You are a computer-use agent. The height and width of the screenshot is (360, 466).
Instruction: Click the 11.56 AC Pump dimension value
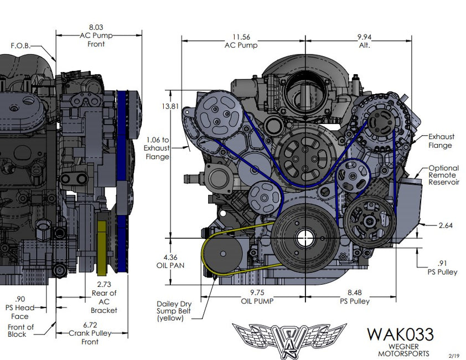[x=240, y=37]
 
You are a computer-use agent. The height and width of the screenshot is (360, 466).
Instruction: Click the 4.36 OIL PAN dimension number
[x=170, y=257]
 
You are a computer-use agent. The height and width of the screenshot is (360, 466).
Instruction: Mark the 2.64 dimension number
[x=445, y=225]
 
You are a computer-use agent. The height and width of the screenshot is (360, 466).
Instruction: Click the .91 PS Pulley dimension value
[x=443, y=264]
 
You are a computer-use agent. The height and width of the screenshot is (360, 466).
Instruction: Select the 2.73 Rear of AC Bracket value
[x=104, y=285]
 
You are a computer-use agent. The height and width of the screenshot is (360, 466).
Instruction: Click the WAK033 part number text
[x=400, y=335]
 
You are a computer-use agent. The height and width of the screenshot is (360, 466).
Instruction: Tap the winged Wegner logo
[x=289, y=337]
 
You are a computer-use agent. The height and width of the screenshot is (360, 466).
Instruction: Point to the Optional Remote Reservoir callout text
[x=443, y=175]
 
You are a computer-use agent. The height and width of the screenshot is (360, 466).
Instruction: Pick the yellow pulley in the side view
[x=101, y=249]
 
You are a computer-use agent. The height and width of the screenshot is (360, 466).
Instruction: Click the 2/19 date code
[x=454, y=354]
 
